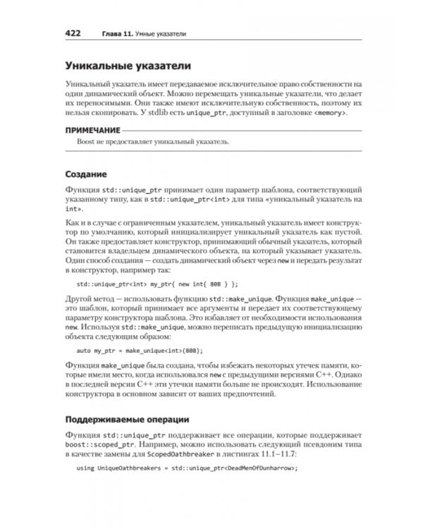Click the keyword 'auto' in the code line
click(x=84, y=350)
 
